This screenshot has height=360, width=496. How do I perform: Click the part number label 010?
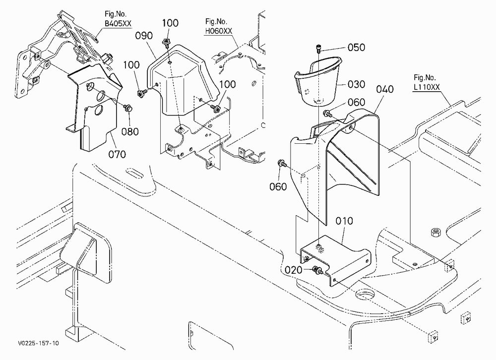pos(344,221)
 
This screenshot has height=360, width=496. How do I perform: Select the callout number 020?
pos(294,270)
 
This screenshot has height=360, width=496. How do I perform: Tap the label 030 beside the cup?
pos(356,84)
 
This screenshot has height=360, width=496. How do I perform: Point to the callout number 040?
pos(385,89)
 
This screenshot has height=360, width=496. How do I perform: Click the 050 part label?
pos(356,48)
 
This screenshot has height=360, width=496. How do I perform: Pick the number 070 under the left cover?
pos(117,154)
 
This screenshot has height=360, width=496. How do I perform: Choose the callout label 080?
pos(130,131)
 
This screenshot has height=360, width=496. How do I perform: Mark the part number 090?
pos(144,36)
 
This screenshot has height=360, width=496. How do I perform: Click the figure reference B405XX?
pos(118,23)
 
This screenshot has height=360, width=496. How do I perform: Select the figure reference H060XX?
pos(218,31)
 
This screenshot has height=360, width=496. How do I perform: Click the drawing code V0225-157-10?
pos(38,343)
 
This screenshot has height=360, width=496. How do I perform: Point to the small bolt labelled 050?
pos(318,49)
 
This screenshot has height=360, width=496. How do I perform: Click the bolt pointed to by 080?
pos(128,108)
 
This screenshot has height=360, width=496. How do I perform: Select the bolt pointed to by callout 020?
pos(316,270)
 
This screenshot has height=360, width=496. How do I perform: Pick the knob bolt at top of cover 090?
pos(166,42)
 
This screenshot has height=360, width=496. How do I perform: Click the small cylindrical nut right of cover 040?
pos(435,233)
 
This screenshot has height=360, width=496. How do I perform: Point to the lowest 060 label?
pos(278,186)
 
